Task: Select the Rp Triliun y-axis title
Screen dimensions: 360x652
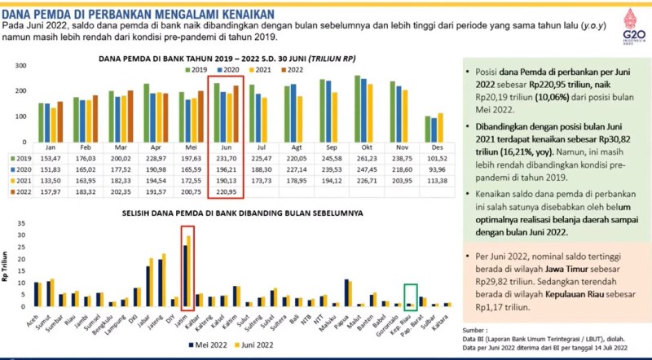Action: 9,266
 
